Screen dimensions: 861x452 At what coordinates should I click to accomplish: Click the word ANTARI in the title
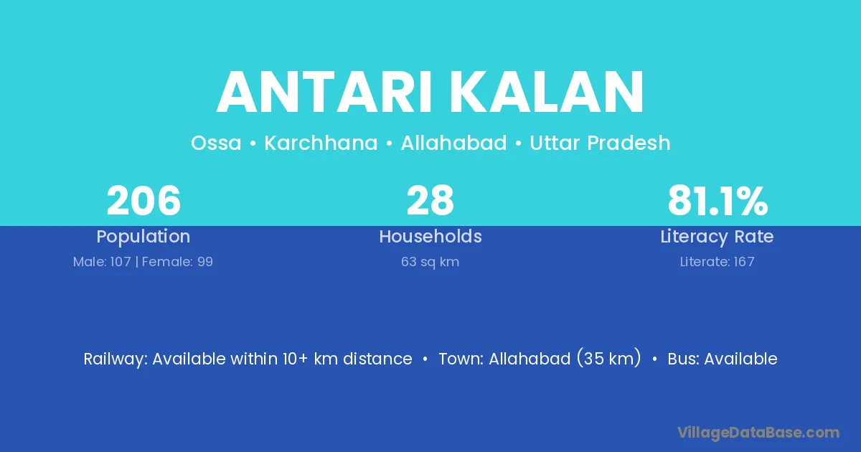(324, 93)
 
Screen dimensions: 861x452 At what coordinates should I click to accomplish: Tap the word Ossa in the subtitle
(216, 143)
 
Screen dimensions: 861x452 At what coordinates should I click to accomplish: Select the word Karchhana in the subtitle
(321, 143)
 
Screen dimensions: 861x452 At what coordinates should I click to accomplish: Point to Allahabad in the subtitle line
(453, 143)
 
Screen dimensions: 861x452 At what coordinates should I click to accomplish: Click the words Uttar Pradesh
(600, 143)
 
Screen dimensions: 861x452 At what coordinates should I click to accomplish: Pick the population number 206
(143, 200)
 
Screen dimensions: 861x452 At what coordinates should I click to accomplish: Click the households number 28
(430, 200)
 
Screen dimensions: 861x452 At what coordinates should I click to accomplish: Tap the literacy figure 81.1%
(717, 200)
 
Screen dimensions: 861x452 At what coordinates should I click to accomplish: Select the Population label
(143, 237)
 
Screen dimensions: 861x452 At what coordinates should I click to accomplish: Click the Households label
(430, 236)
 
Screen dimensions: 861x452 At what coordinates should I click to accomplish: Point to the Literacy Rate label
(717, 237)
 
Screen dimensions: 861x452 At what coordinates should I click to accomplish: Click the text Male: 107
(102, 262)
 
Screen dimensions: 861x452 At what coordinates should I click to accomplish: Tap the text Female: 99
(177, 262)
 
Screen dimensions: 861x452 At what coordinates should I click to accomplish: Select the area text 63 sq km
(430, 262)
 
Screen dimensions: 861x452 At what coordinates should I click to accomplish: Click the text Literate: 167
(717, 262)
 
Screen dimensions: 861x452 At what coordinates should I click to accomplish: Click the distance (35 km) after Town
(609, 358)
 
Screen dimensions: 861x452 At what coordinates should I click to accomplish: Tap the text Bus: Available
(723, 359)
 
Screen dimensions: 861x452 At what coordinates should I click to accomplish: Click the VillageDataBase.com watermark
(758, 433)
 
